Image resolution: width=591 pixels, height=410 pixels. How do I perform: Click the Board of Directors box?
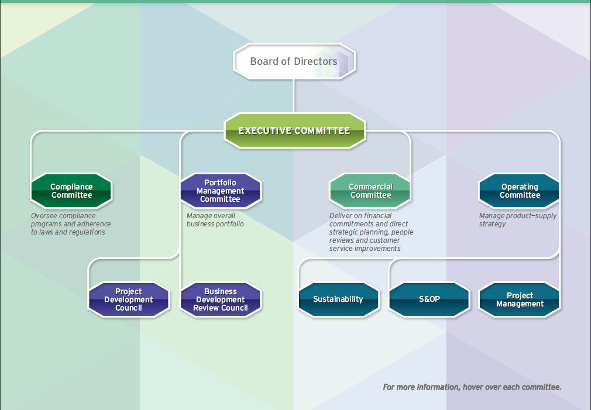coord(294,61)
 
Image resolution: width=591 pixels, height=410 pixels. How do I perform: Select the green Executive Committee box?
coord(294,130)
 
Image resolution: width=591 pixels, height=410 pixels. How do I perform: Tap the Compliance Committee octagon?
coord(71,191)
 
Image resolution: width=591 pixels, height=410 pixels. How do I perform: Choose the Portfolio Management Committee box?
coord(221,191)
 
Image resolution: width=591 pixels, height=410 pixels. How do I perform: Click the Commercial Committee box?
coord(370,191)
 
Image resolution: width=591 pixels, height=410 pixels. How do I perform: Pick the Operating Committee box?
coord(520,191)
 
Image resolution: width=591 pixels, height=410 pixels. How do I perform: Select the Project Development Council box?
coord(129,299)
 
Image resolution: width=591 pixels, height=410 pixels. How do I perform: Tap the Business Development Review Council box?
coord(221,299)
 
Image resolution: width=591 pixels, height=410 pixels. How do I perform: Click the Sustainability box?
coord(338,299)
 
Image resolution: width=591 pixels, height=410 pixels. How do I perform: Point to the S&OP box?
coord(429,299)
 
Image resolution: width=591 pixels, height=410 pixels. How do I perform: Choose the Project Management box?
coord(520,299)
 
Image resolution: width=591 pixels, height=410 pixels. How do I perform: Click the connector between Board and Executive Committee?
coord(294,96)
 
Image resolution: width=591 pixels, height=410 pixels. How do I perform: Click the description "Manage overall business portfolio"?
coord(215,220)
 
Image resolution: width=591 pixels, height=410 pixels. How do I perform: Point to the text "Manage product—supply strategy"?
coord(518,220)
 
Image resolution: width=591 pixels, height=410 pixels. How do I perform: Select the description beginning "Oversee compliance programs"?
coord(71,224)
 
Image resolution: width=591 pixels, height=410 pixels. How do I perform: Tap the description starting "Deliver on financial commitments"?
coord(371,232)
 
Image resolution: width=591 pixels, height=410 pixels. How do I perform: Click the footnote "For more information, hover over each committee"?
coord(472,387)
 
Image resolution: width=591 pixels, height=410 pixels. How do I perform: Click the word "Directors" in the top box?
coord(316,61)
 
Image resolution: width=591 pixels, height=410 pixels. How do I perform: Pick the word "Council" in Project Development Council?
coord(129,308)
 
